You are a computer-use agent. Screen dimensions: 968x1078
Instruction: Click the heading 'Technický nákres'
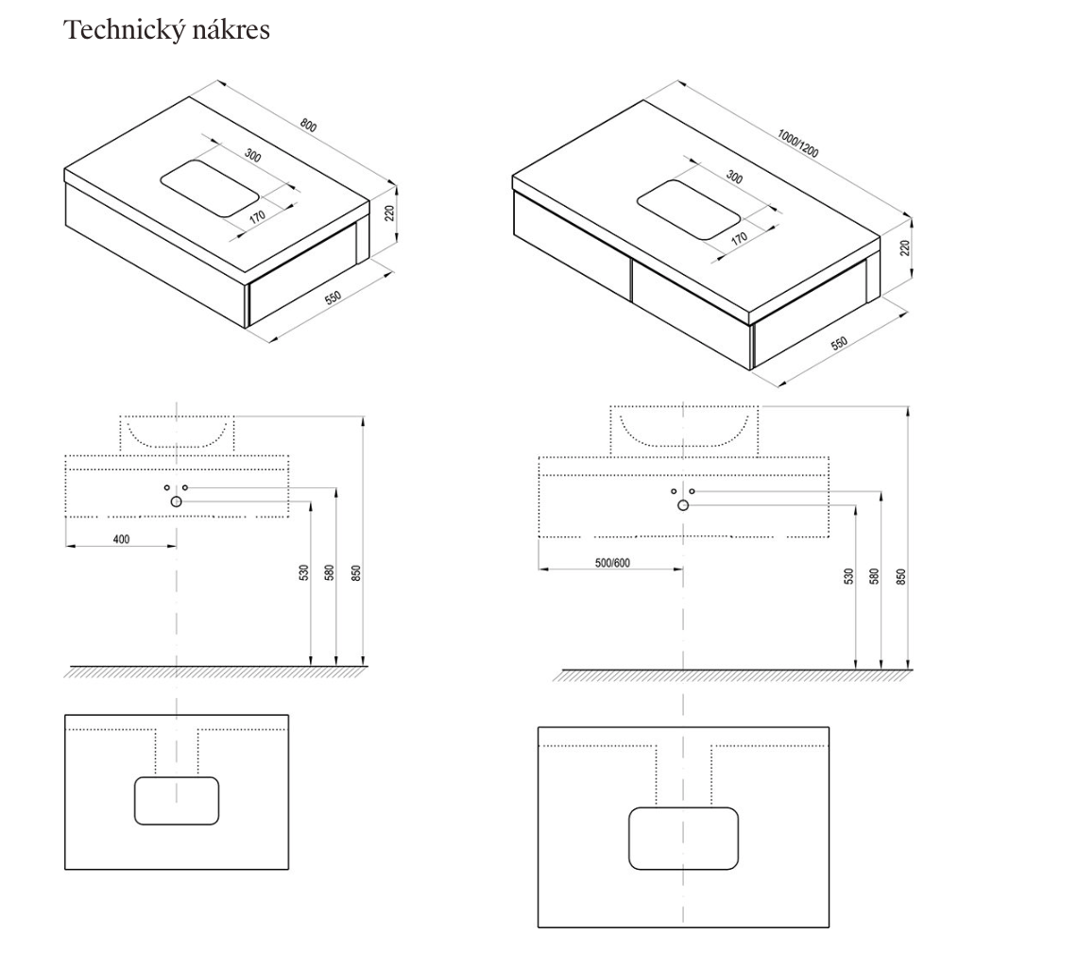(x=166, y=30)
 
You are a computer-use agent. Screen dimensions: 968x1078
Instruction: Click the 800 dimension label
(x=309, y=125)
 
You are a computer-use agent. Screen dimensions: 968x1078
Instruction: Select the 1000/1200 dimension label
(x=797, y=142)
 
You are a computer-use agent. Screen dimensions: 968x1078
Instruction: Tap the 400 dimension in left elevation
(x=121, y=539)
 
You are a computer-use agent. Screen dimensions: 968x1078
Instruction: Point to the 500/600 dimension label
(x=612, y=563)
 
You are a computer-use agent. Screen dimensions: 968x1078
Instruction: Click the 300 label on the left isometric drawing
(x=252, y=155)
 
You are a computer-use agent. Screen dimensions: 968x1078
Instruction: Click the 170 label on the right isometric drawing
(x=739, y=237)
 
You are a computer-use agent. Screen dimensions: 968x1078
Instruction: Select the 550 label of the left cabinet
(x=334, y=297)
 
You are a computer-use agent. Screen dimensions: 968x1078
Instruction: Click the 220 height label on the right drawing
(x=904, y=247)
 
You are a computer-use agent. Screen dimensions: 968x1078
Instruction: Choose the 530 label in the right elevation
(x=848, y=575)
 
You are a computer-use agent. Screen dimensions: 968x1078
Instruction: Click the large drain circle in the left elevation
(x=176, y=501)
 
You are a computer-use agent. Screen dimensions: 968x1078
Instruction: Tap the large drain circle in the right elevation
(x=683, y=506)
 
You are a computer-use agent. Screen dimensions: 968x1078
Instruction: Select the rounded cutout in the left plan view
(x=177, y=800)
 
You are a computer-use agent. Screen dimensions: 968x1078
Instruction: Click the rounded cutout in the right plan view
(x=683, y=838)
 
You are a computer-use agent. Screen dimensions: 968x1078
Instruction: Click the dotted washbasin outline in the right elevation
(x=683, y=430)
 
